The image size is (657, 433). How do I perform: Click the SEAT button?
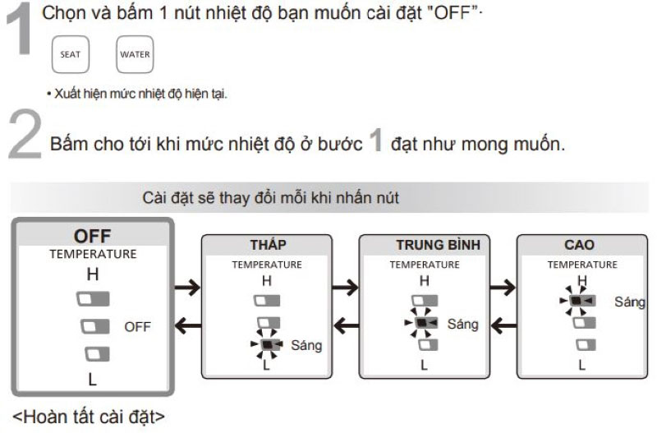(71, 54)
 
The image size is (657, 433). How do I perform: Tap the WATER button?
(135, 54)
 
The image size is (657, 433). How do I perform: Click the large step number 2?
(25, 134)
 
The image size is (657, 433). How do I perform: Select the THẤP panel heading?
(269, 245)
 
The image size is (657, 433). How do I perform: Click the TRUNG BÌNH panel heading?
(439, 245)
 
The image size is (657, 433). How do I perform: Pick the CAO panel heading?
(580, 245)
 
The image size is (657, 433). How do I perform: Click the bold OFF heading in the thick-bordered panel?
(93, 237)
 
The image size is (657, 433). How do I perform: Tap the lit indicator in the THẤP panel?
(267, 344)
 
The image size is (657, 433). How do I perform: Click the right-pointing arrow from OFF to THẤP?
(187, 287)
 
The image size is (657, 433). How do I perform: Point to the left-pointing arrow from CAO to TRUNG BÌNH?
(503, 325)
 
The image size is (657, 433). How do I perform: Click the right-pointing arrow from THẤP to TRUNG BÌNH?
(345, 287)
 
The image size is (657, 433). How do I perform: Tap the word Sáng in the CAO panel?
(630, 302)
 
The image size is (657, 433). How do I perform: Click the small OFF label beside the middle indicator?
(137, 327)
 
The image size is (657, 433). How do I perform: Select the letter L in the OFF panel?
(92, 380)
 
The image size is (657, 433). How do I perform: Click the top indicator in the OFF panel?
(93, 299)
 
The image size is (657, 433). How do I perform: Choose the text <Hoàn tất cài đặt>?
(89, 417)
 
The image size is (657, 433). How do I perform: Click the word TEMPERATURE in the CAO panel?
(582, 265)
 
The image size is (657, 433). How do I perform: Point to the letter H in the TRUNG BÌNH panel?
(425, 280)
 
